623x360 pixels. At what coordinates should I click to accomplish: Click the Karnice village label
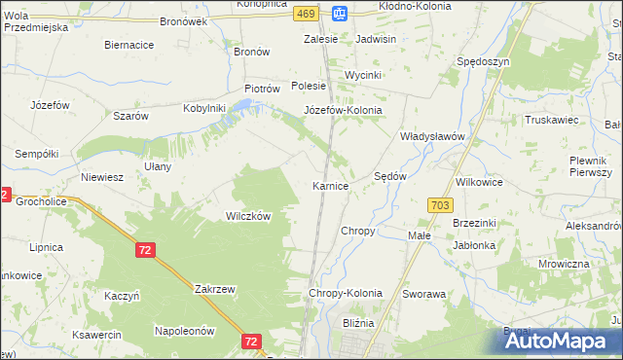(x=330, y=186)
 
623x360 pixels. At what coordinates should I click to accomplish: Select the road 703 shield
(x=439, y=204)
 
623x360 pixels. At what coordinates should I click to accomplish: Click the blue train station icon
(x=338, y=14)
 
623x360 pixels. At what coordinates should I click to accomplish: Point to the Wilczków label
(x=248, y=217)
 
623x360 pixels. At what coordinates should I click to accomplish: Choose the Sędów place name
(x=390, y=176)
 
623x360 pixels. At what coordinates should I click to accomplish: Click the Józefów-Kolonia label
(x=343, y=111)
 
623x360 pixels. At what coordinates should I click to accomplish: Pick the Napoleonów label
(x=184, y=331)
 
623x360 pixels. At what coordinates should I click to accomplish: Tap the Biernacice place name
(x=129, y=45)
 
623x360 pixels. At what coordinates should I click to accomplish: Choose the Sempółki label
(x=37, y=154)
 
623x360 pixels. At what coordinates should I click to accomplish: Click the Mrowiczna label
(x=564, y=264)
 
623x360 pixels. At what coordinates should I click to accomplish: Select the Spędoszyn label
(x=484, y=61)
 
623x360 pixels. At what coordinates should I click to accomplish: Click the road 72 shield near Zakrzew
(x=145, y=251)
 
